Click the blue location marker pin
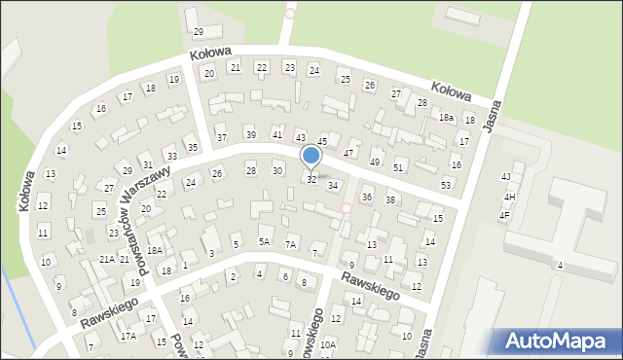point(311,156)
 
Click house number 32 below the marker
point(311,180)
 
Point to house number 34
point(333,185)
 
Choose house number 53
point(446,185)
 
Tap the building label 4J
point(505,176)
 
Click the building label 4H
point(509,197)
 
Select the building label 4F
point(504,215)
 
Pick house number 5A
point(264,241)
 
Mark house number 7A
point(290,245)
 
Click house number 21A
point(107,260)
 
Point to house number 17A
point(128,336)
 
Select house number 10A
point(328,344)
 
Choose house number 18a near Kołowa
point(446,118)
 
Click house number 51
point(398,168)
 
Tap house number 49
point(375,162)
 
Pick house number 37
point(222,137)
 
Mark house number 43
point(301,138)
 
